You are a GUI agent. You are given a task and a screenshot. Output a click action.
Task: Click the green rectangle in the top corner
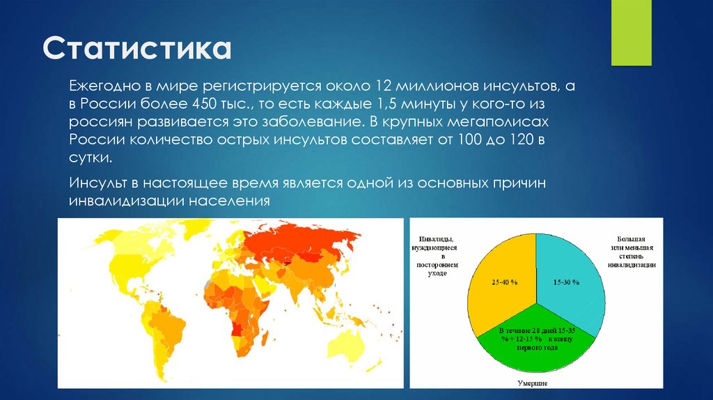pyautogui.click(x=631, y=33)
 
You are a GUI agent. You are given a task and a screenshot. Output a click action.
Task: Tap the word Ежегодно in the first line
pyautogui.click(x=101, y=86)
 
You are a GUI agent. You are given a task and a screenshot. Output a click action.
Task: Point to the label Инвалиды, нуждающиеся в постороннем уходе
pyautogui.click(x=437, y=257)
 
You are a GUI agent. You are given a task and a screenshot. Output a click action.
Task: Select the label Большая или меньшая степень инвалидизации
pyautogui.click(x=632, y=252)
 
